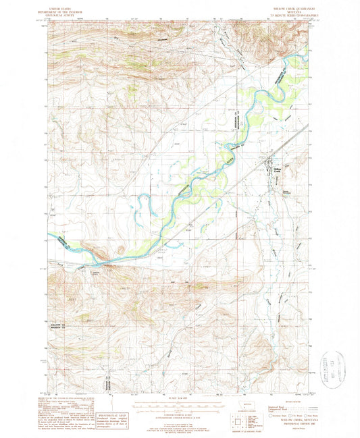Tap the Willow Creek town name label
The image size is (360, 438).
(277, 170)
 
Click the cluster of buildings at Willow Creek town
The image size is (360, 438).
(268, 165)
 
